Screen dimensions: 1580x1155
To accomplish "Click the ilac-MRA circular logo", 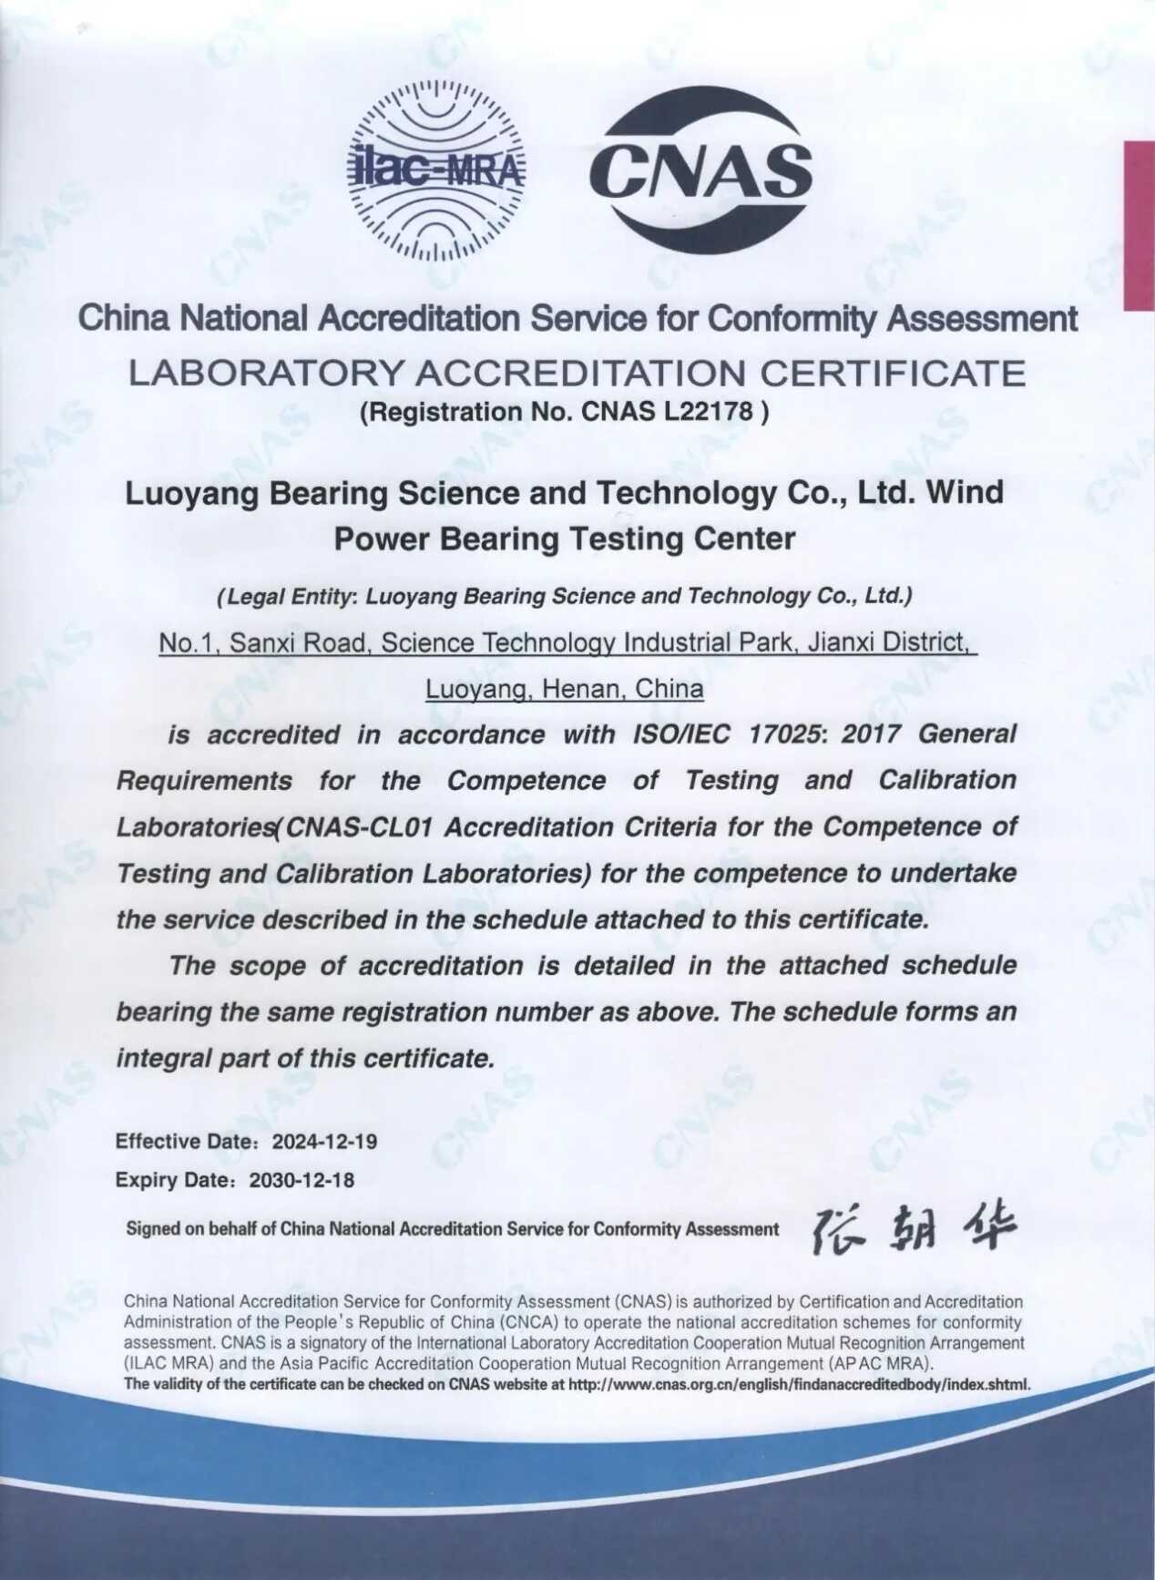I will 437,170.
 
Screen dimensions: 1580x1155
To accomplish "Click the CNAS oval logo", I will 700,170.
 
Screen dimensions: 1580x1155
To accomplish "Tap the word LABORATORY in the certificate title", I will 265,374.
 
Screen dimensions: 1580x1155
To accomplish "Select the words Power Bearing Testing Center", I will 565,539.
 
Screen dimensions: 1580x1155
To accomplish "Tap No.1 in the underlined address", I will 186,643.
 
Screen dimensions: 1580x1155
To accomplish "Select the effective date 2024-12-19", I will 325,1142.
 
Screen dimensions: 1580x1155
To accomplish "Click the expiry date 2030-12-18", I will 302,1180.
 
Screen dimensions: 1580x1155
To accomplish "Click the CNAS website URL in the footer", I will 799,1385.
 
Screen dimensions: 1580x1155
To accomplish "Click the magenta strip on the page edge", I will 1139,225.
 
